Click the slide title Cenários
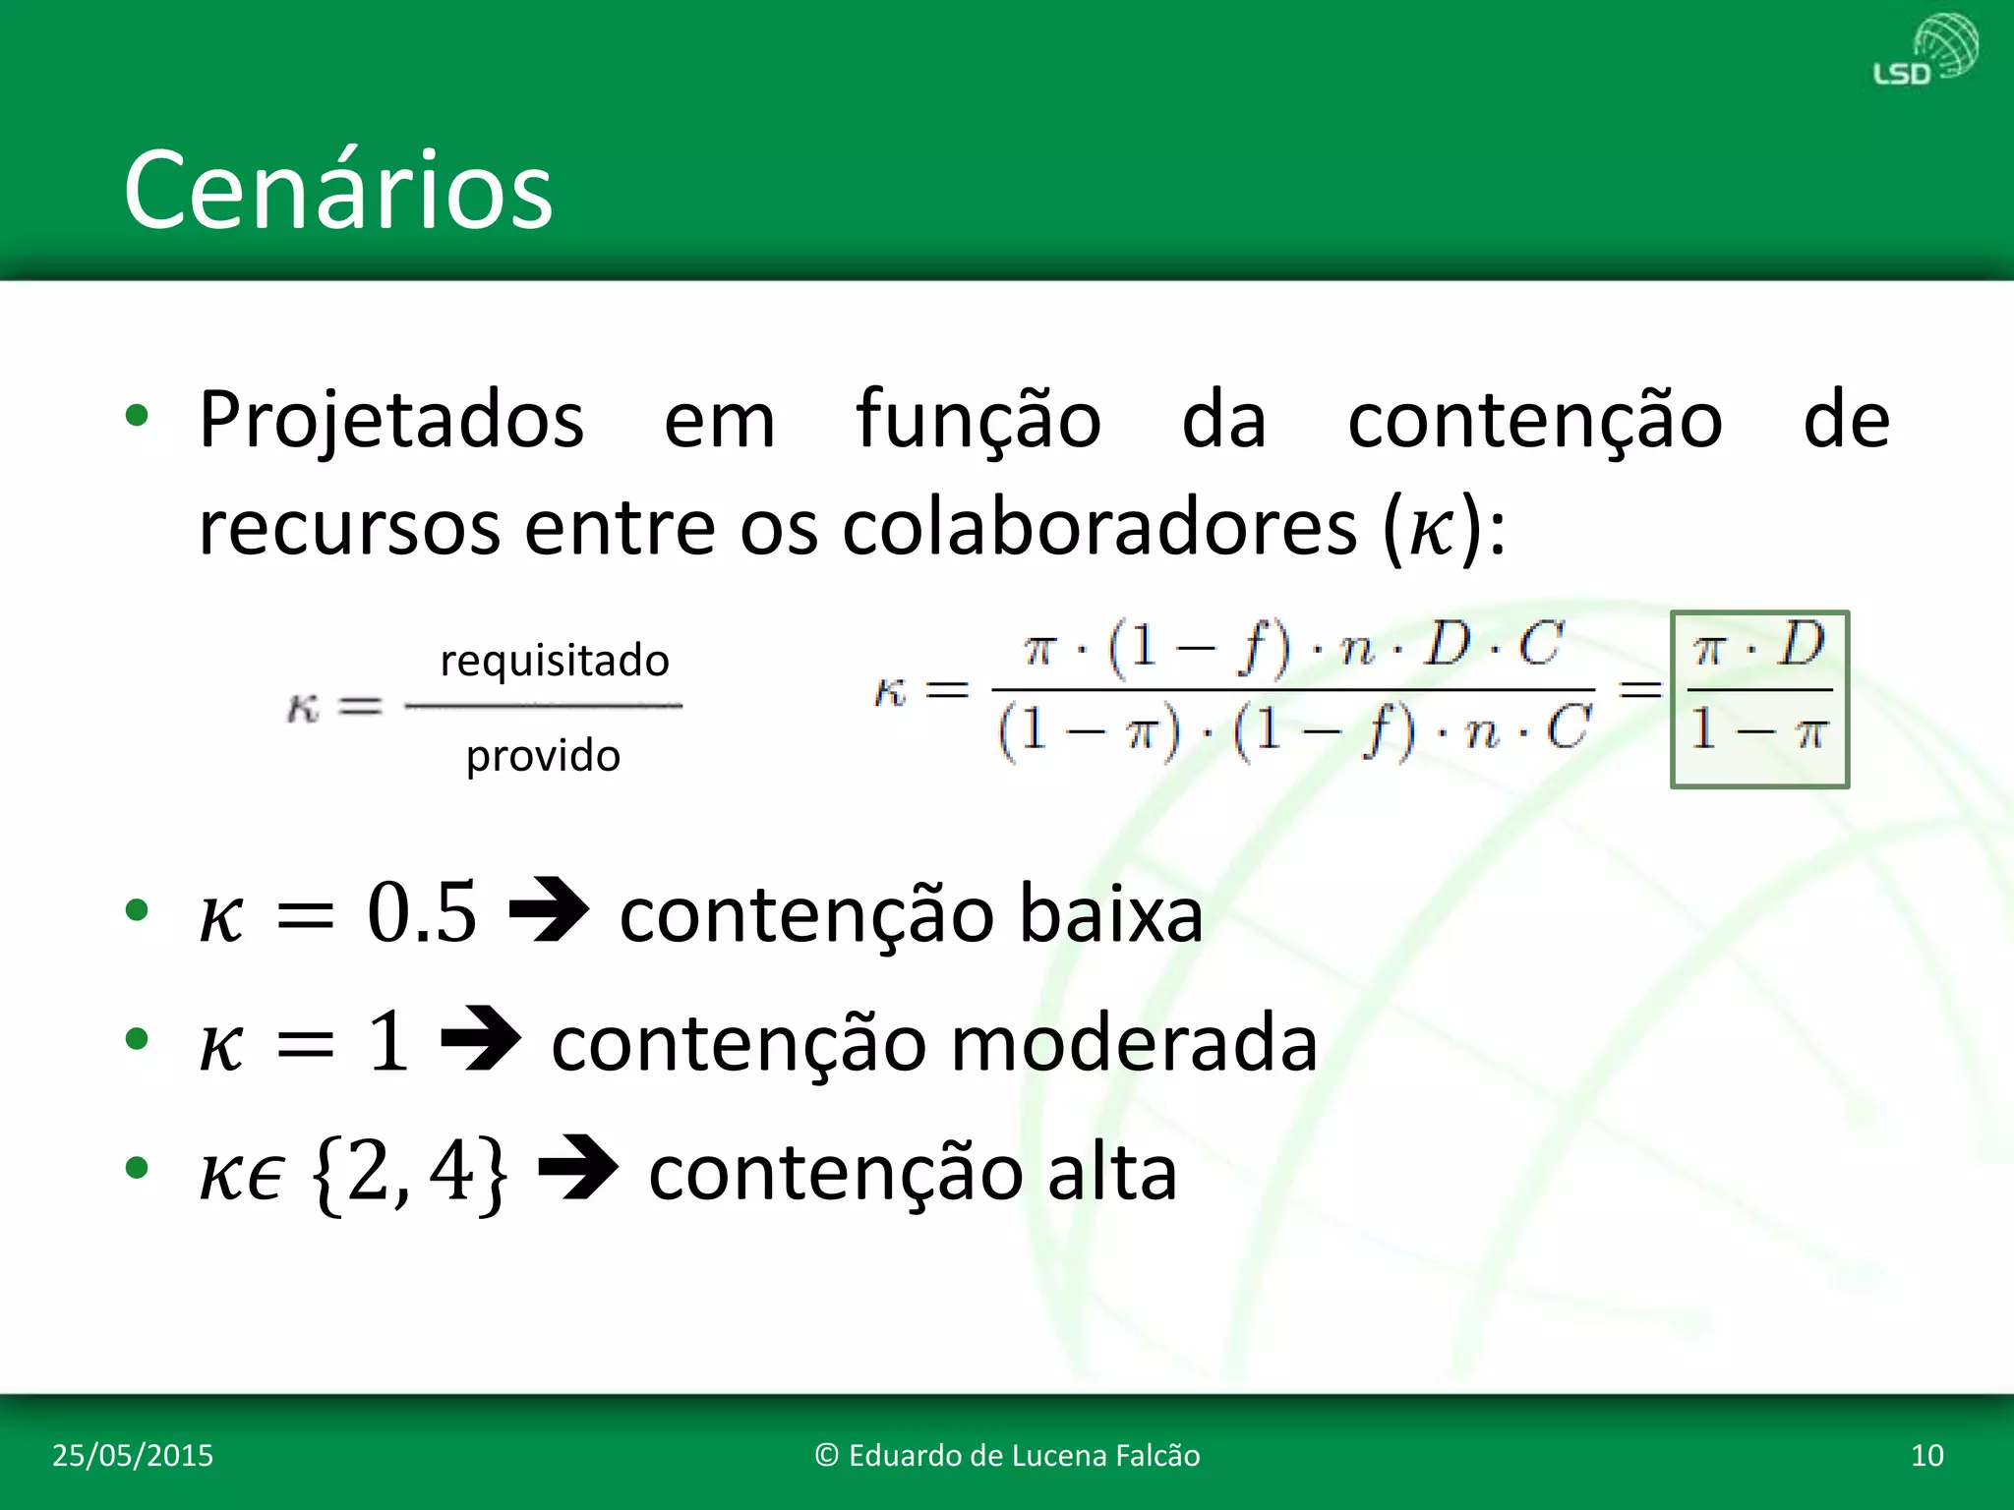pyautogui.click(x=338, y=189)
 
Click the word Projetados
pyautogui.click(x=391, y=421)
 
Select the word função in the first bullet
pyautogui.click(x=978, y=421)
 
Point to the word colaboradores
pyautogui.click(x=1099, y=528)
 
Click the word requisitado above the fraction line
pyautogui.click(x=555, y=661)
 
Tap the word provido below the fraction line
pyautogui.click(x=543, y=756)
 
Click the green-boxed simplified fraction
pyautogui.click(x=1759, y=699)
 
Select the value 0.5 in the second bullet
pyautogui.click(x=422, y=912)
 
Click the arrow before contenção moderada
pyautogui.click(x=481, y=1040)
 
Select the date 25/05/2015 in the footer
pyautogui.click(x=133, y=1455)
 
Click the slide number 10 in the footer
pyautogui.click(x=1926, y=1455)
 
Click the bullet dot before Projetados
pyautogui.click(x=137, y=416)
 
